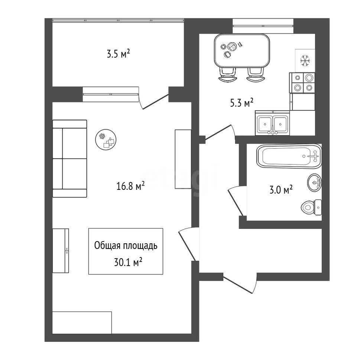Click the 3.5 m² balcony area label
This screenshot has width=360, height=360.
point(119,54)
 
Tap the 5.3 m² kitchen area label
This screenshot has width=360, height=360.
point(241,103)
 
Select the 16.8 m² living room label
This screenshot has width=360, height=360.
point(130,186)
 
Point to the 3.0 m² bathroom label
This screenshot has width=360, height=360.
point(281,190)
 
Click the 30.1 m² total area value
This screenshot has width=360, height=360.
point(128,262)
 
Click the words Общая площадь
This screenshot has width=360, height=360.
point(126,246)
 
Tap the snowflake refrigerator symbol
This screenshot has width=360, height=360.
point(305,61)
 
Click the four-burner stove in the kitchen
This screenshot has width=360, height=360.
point(302,82)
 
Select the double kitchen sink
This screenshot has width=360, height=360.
point(272,123)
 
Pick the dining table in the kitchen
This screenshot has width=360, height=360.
point(242,50)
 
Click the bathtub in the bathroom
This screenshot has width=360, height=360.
point(289,156)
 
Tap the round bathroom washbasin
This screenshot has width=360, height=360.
point(314,182)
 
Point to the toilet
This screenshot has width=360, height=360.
point(311,207)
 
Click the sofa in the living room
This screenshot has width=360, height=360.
point(69,158)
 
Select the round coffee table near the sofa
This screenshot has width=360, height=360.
point(106,139)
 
